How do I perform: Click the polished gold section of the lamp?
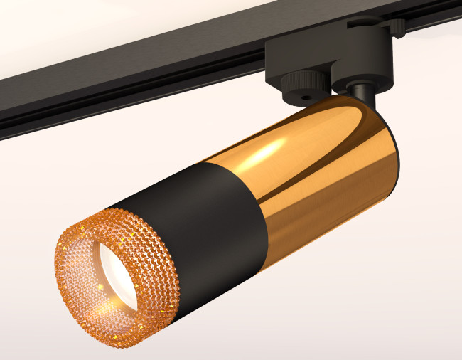[299, 178]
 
